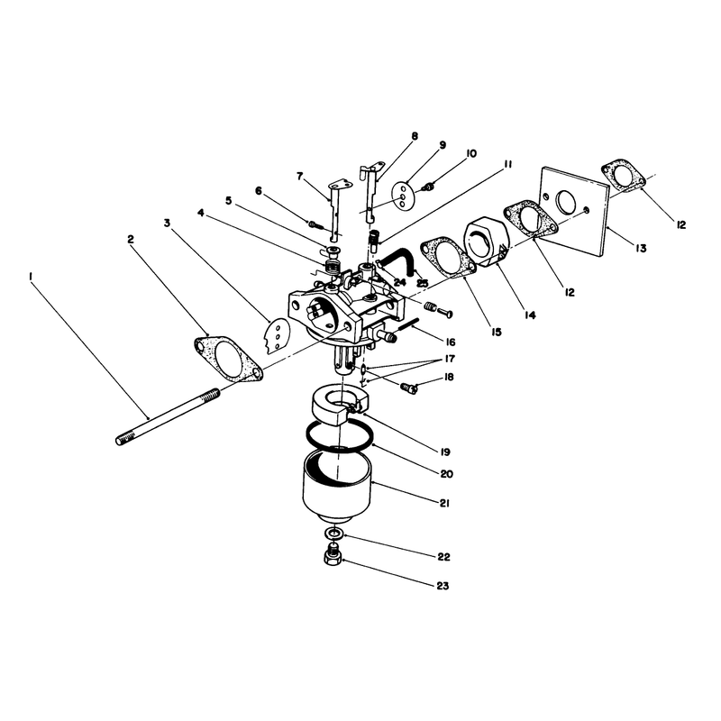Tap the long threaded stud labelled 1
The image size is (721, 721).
pyautogui.click(x=168, y=416)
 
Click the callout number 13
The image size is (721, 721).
pyautogui.click(x=641, y=249)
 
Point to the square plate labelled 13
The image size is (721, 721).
pyautogui.click(x=575, y=212)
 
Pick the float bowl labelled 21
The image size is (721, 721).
pyautogui.click(x=337, y=487)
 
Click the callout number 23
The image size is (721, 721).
pyautogui.click(x=443, y=586)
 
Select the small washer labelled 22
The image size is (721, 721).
pyautogui.click(x=334, y=534)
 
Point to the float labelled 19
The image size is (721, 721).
pyautogui.click(x=339, y=404)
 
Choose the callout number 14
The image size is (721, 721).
pyautogui.click(x=530, y=315)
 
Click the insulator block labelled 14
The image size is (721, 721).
pyautogui.click(x=487, y=242)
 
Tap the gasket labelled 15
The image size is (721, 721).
pyautogui.click(x=447, y=258)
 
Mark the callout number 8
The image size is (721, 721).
pyautogui.click(x=415, y=136)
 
